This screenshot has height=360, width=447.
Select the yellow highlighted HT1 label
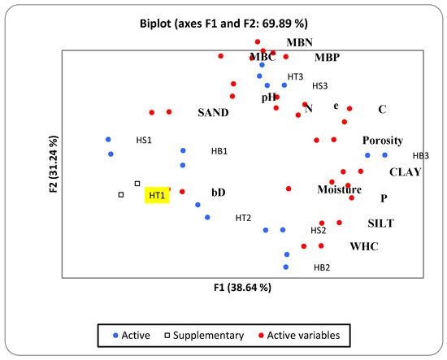tap(156, 195)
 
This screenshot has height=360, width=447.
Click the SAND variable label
tap(213, 112)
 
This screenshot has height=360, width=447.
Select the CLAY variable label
tap(406, 171)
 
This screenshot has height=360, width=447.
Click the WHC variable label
tap(364, 245)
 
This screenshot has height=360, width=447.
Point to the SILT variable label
tap(383, 223)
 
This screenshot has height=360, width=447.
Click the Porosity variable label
tap(383, 140)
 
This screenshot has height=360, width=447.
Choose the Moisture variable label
tap(339, 189)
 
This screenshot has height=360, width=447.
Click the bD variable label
tap(219, 192)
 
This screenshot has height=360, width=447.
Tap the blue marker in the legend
tap(116, 334)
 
